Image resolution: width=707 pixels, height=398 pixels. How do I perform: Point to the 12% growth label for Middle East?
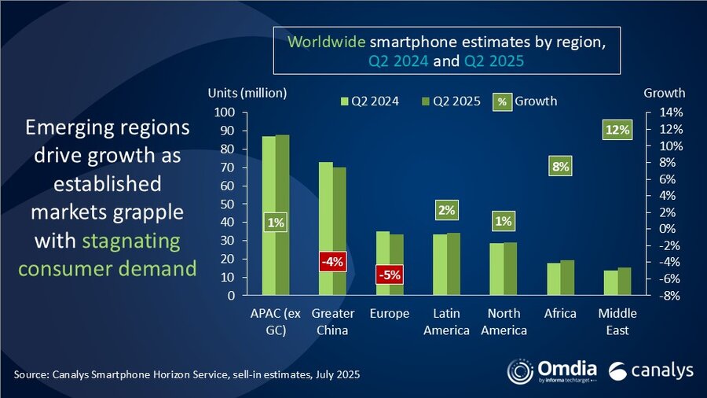coord(617,130)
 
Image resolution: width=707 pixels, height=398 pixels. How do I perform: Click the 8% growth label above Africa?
coord(560,166)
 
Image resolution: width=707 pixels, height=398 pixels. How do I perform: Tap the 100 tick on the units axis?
coord(225,112)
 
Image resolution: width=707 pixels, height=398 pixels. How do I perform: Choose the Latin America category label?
coord(447,322)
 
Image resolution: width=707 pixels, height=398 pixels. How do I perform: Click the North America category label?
coord(504,322)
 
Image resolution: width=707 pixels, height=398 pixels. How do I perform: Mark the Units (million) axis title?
coord(245,94)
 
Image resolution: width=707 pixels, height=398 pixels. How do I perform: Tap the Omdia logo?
coord(551,371)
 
